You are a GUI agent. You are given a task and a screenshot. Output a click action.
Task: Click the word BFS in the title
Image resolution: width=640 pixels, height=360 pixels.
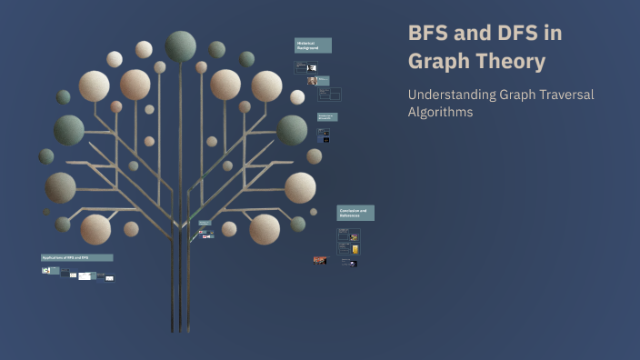tap(428, 34)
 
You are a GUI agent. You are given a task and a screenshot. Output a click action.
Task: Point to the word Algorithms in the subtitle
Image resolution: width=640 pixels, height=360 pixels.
tap(441, 113)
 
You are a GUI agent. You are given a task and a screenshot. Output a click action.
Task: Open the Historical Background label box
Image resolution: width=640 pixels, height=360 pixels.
tap(313, 45)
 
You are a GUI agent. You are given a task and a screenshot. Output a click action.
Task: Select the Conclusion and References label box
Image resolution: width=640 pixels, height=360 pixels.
tap(355, 213)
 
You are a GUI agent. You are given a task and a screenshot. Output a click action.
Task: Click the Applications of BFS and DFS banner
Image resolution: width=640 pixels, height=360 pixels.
tap(76, 258)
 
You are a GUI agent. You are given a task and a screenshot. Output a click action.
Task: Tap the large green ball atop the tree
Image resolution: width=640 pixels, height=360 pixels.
tap(180, 45)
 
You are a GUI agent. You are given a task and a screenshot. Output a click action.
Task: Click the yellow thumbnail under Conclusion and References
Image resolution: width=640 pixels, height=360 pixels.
tap(355, 249)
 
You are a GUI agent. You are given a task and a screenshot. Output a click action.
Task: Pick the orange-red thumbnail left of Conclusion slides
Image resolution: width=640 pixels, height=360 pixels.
tap(320, 260)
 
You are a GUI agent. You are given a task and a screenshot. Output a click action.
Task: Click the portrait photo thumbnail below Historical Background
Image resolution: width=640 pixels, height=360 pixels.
tap(312, 80)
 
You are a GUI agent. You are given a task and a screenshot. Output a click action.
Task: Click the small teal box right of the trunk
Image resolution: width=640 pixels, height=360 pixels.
tap(205, 222)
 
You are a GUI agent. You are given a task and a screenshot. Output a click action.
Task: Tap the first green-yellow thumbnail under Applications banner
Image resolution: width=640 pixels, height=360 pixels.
tap(45, 270)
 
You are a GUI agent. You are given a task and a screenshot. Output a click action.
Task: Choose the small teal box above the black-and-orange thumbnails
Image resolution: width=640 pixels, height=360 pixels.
tap(327, 116)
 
